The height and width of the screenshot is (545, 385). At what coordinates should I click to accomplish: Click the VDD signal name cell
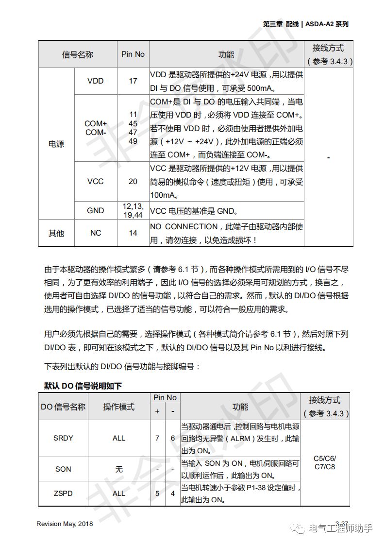point(96,81)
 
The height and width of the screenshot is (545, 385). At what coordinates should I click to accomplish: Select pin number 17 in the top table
point(133,81)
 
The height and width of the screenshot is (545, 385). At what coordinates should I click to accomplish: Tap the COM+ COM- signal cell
point(96,128)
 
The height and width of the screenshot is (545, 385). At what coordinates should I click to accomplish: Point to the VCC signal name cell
point(96,181)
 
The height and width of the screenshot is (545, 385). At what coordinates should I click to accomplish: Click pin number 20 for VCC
point(133,181)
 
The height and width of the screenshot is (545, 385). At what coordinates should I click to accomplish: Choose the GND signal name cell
point(96,210)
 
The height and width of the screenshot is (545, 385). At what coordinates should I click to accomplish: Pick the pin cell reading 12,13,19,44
point(133,210)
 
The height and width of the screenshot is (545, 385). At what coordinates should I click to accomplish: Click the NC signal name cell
point(96,233)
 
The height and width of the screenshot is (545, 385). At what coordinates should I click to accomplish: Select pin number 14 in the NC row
point(133,233)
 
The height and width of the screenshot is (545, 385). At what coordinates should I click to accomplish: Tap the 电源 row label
point(56,144)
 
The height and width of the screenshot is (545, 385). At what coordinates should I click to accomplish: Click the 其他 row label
point(56,233)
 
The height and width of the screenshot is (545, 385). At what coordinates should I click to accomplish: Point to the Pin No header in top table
point(133,54)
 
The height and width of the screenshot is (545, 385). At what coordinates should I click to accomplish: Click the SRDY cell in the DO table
point(63,438)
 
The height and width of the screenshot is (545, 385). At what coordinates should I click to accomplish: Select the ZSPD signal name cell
point(63,494)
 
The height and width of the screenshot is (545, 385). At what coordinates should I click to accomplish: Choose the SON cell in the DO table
point(63,469)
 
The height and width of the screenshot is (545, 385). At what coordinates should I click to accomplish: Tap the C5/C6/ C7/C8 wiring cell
point(325,462)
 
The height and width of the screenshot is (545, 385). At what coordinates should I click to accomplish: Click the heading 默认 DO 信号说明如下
point(83,386)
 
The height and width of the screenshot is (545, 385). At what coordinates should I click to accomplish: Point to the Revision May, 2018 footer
point(65,524)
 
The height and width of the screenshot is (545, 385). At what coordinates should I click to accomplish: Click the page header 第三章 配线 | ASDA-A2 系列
point(306,24)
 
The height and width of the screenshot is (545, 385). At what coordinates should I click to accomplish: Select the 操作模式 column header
point(119,407)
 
